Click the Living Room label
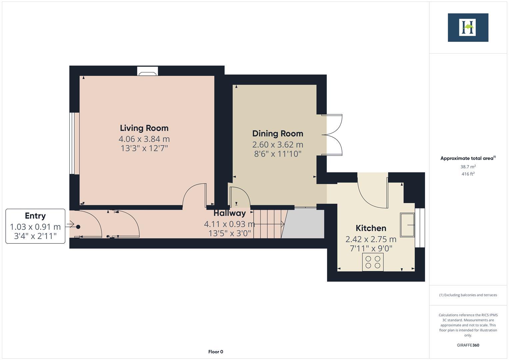(144, 128)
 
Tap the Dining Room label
(278, 134)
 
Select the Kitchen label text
(371, 228)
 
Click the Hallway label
(229, 213)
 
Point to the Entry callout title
(35, 216)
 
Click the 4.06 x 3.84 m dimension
(144, 139)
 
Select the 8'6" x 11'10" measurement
(278, 154)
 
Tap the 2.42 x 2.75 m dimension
(371, 239)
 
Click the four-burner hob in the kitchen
(373, 262)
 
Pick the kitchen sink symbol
(407, 225)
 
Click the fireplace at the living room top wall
(147, 71)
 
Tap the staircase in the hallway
(268, 224)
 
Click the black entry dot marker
(78, 227)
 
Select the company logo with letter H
(468, 28)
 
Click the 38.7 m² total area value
(468, 167)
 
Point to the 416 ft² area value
(468, 174)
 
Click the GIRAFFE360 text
(468, 345)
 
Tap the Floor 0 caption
(216, 352)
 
